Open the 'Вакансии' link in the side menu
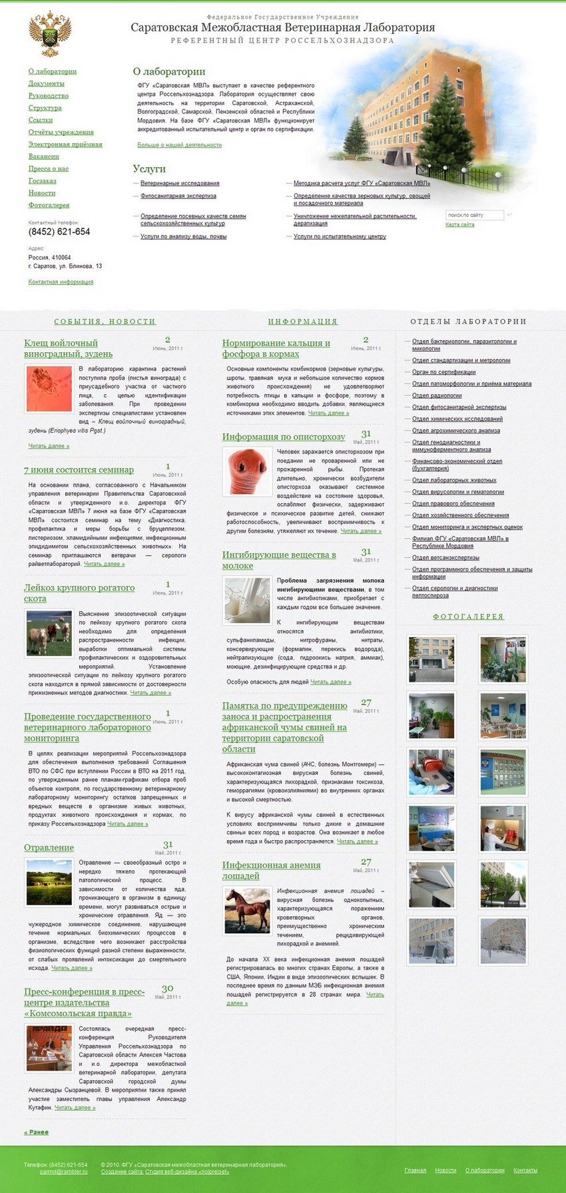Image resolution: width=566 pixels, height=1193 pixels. (x=44, y=156)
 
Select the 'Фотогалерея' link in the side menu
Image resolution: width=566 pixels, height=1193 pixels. (x=49, y=205)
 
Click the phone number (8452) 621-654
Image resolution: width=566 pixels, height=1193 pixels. (x=59, y=232)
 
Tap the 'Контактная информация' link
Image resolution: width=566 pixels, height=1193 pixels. (x=61, y=282)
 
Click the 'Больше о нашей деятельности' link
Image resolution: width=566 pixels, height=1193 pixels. (x=179, y=144)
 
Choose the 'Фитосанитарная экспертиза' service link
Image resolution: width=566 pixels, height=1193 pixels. (x=178, y=196)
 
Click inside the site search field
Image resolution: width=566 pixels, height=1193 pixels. (x=473, y=215)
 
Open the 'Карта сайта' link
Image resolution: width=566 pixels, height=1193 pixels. (x=459, y=224)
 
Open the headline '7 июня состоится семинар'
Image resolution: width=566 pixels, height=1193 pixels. (x=79, y=470)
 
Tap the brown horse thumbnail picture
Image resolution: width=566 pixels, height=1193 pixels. (x=247, y=910)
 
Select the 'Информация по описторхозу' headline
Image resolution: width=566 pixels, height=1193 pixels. (x=284, y=437)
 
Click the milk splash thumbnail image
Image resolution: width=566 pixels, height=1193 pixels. (x=247, y=600)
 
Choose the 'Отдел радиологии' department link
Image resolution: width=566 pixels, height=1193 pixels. (x=436, y=395)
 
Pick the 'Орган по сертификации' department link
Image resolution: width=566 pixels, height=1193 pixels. (x=443, y=372)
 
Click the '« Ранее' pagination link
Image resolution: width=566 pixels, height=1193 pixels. (x=37, y=1132)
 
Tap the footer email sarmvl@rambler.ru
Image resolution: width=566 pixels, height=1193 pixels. (x=63, y=1171)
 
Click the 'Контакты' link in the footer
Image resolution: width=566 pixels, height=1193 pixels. (x=525, y=1170)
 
